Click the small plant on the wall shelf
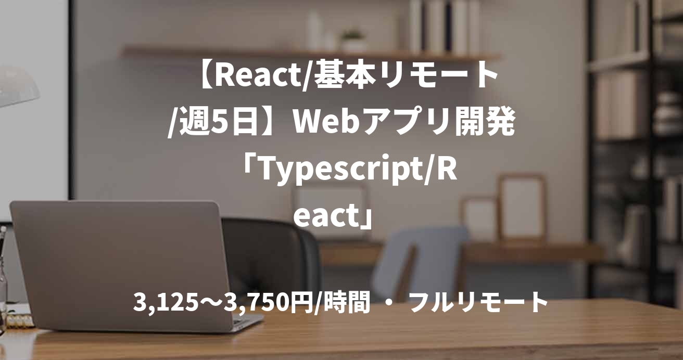(x=353, y=40)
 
